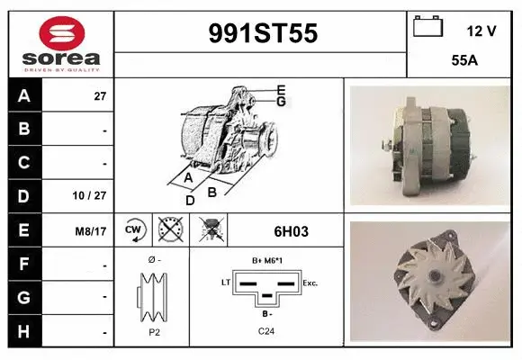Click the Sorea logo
click(60, 43)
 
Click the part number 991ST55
click(262, 33)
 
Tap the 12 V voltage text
click(481, 31)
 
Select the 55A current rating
click(464, 61)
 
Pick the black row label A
click(24, 96)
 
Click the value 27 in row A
click(100, 96)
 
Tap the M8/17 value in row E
click(92, 231)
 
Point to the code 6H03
click(290, 231)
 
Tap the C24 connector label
click(266, 332)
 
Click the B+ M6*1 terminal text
click(267, 261)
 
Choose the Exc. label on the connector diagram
click(310, 283)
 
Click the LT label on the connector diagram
click(226, 283)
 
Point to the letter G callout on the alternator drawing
click(281, 102)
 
